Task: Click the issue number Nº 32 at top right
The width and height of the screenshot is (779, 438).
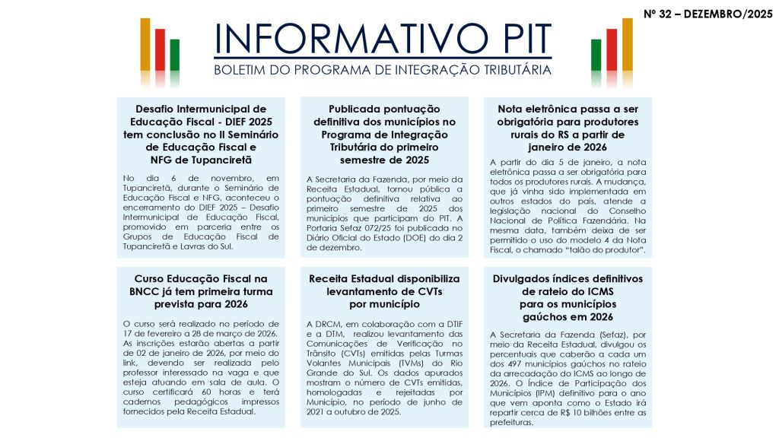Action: tap(660, 14)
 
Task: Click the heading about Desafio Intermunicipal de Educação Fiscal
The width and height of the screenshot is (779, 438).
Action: tap(201, 134)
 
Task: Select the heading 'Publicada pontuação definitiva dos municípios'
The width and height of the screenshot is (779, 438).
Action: tap(384, 134)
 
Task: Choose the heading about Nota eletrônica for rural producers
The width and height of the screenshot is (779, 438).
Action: tap(568, 128)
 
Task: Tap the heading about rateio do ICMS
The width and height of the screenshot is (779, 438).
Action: tap(568, 297)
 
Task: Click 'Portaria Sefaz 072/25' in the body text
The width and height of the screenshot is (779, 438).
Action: tap(351, 227)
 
